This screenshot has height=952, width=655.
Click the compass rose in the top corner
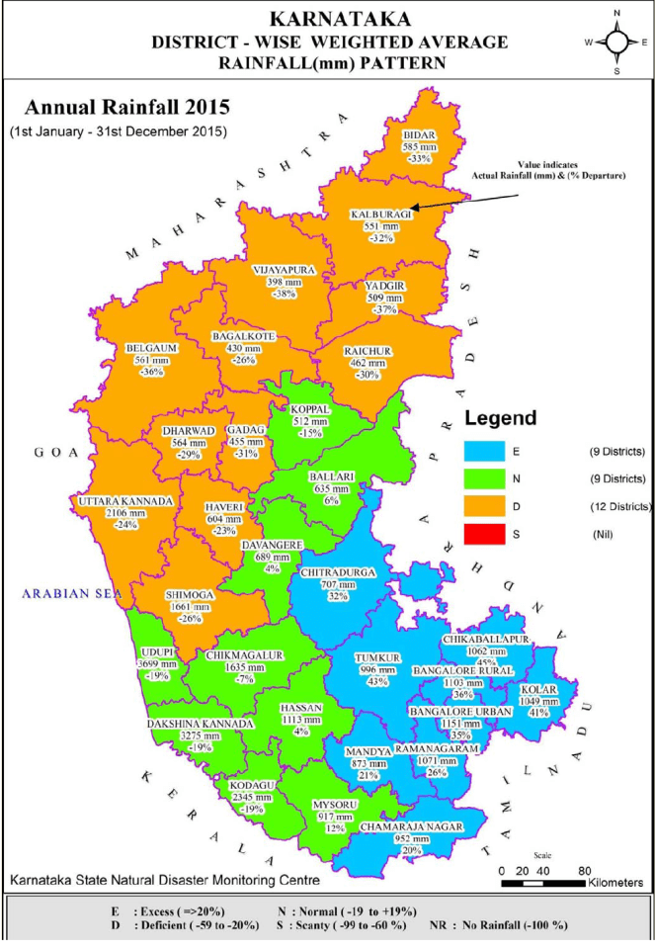(617, 42)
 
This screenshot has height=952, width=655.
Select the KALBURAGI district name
(380, 214)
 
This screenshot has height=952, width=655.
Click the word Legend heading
(501, 417)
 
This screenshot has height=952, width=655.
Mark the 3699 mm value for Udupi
(157, 665)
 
